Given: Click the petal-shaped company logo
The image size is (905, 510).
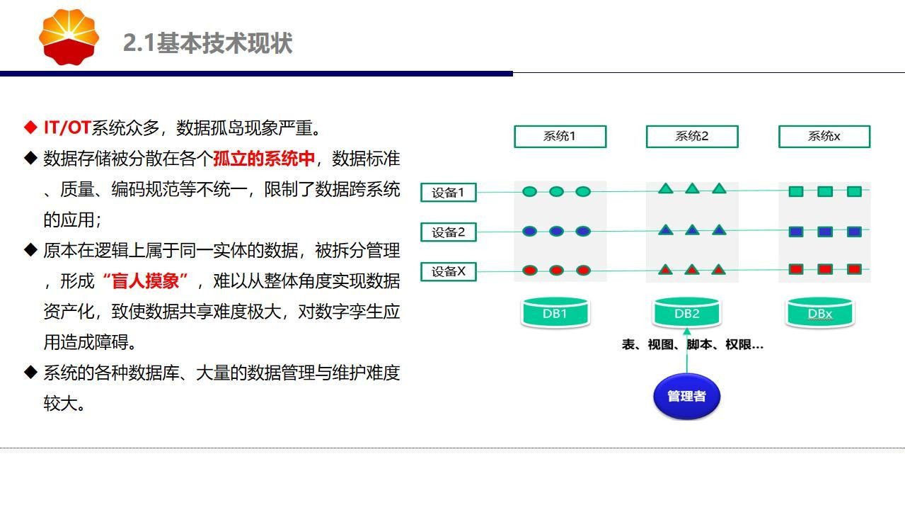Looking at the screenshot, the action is tap(69, 37).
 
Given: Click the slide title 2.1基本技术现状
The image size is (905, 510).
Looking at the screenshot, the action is tap(207, 42).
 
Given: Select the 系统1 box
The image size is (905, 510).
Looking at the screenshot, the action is tap(560, 136).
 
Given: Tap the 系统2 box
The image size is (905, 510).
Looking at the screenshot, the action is tap(692, 136).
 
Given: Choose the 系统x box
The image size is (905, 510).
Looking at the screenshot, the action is tap(824, 136).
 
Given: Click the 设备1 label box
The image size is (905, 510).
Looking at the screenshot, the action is tap(449, 193).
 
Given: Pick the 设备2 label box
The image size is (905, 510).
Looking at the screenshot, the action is tap(449, 232).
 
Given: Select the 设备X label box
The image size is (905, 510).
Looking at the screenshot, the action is tap(449, 271).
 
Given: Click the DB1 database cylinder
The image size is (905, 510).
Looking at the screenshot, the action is tap(555, 312).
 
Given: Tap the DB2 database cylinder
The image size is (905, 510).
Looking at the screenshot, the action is tap(687, 312).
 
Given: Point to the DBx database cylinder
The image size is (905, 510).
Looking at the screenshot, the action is tap(820, 312).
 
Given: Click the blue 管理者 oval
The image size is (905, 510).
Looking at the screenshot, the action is tap(686, 397).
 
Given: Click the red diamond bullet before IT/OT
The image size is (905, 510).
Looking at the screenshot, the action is tap(30, 127).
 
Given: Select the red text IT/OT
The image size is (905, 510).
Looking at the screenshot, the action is tap(67, 127).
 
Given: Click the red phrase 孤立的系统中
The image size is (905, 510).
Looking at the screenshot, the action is tap(263, 159).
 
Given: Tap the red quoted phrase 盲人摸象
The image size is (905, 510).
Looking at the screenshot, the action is tap(146, 281).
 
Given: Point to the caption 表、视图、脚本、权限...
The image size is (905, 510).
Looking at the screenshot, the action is tap(693, 344).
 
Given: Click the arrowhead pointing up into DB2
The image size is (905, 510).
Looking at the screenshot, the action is tap(687, 331).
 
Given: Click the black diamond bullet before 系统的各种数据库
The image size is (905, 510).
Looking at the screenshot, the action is tap(30, 372).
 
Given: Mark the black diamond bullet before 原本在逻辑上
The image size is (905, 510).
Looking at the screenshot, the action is tap(30, 250).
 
